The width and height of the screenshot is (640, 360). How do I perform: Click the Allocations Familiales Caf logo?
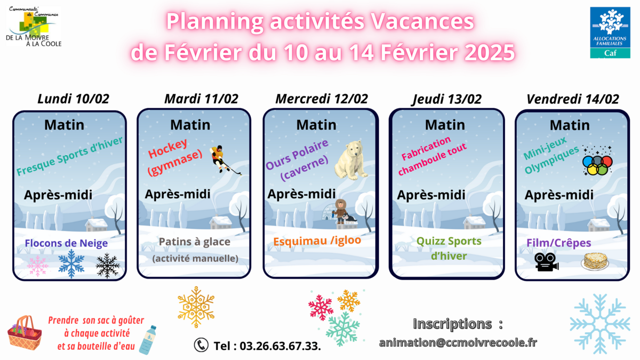[610, 33]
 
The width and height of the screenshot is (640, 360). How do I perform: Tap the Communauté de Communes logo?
[34, 26]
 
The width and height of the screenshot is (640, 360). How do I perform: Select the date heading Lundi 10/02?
[74, 99]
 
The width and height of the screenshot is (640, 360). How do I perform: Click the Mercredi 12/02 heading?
[322, 99]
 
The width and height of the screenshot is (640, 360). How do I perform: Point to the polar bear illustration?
[351, 160]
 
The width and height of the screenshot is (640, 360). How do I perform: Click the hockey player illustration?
[225, 159]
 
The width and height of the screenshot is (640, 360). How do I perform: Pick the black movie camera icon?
[546, 262]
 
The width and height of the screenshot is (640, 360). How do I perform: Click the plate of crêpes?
[595, 261]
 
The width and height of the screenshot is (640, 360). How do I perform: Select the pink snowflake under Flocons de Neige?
[38, 266]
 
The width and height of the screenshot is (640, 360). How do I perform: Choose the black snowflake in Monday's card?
[107, 266]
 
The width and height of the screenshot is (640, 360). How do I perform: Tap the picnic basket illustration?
[25, 333]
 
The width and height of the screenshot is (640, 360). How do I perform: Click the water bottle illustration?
[148, 340]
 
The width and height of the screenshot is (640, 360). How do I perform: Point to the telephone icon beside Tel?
[201, 345]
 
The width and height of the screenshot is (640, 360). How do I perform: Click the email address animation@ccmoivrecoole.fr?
[458, 342]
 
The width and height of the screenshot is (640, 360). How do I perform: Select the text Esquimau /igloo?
[317, 241]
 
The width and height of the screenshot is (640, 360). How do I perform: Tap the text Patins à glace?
[195, 242]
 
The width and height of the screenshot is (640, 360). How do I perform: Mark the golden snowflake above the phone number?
[196, 307]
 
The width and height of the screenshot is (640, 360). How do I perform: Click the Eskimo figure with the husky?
[343, 212]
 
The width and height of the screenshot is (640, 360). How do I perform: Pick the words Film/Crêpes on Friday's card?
[559, 243]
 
